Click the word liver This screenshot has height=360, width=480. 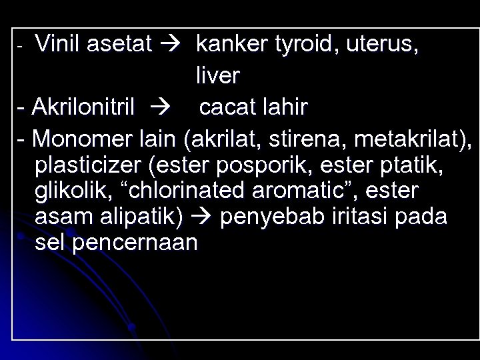tap(217, 76)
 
